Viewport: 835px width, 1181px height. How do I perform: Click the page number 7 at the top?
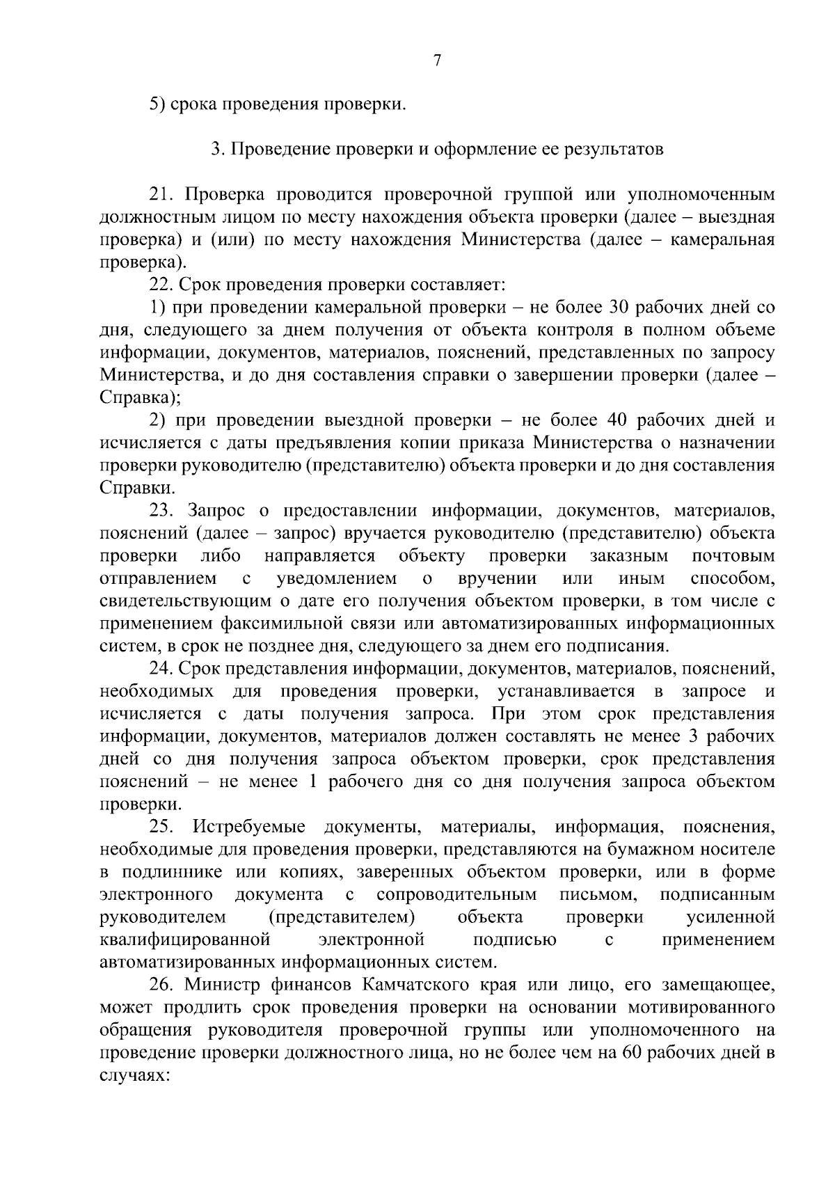(x=437, y=61)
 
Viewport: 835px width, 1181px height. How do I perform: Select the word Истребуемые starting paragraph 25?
(x=249, y=827)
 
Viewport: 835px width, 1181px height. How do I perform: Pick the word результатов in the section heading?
(x=617, y=150)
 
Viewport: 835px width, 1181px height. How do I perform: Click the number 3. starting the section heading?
(x=216, y=150)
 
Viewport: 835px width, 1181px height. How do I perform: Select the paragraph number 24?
(x=161, y=669)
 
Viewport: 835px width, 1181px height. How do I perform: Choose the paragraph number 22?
(x=161, y=285)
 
